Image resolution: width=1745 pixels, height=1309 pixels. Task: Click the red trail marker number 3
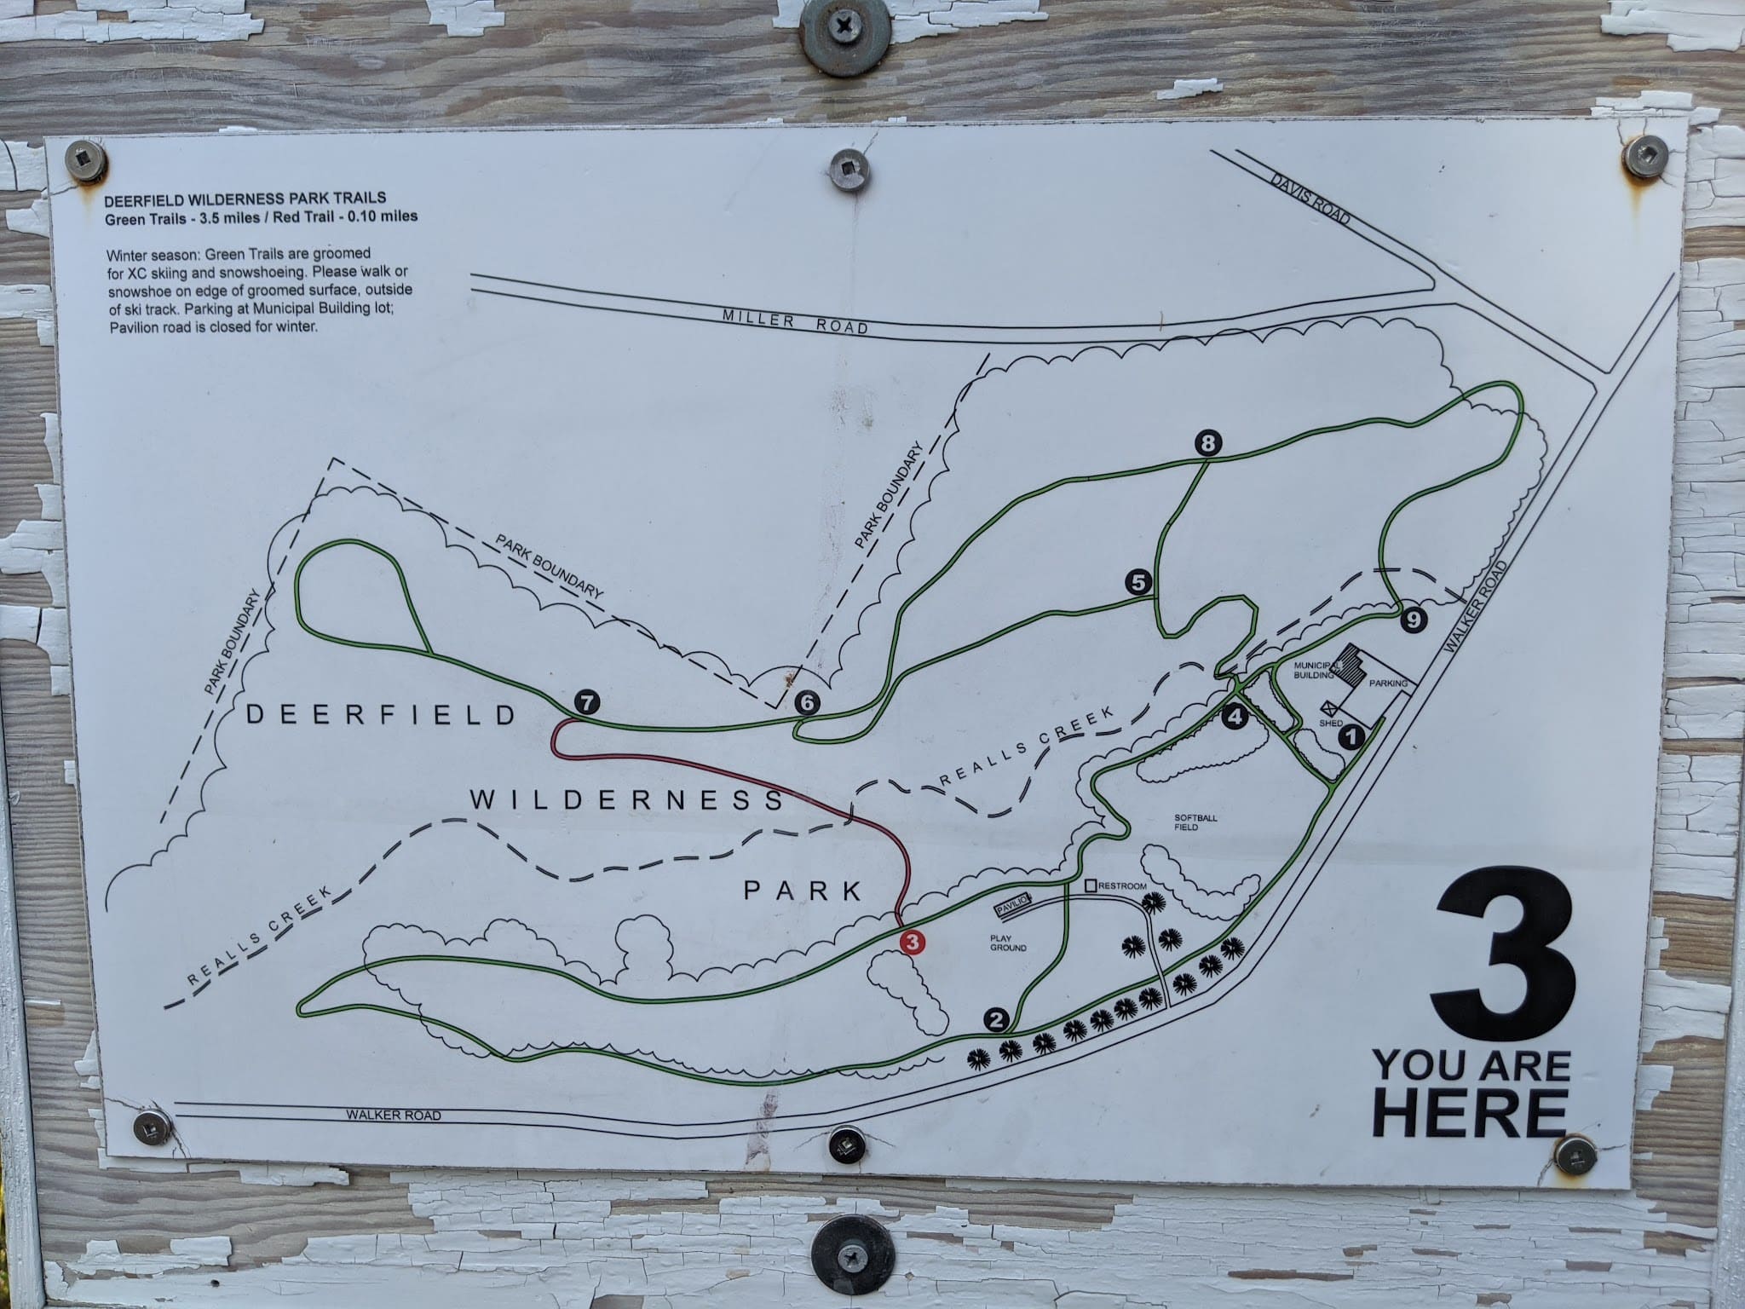[x=912, y=943]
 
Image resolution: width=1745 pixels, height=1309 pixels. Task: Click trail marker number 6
[x=806, y=703]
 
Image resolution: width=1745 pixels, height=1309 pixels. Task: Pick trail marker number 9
[x=1413, y=620]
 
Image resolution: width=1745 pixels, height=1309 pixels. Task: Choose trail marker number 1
[x=1351, y=736]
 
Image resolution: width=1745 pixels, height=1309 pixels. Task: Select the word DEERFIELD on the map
[x=381, y=715]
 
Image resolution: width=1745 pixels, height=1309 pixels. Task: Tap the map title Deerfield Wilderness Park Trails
[x=244, y=201]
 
